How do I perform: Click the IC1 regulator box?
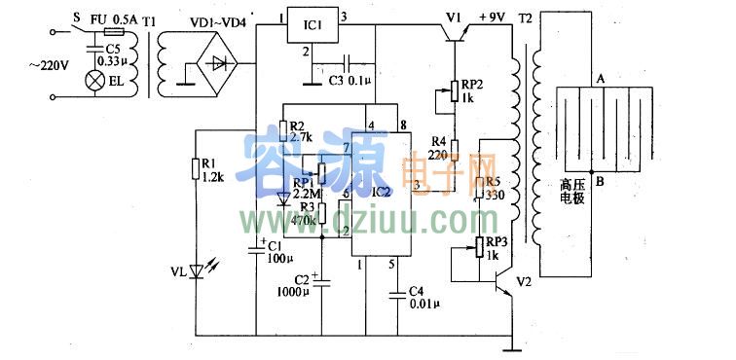[313, 26]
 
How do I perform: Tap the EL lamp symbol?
[95, 80]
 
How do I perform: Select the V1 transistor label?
[454, 17]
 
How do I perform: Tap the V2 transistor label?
[524, 282]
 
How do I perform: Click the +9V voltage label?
[496, 18]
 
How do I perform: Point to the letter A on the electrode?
[601, 78]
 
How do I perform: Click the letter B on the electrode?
[601, 181]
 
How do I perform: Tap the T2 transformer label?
[526, 18]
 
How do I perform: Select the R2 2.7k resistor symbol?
[283, 129]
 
